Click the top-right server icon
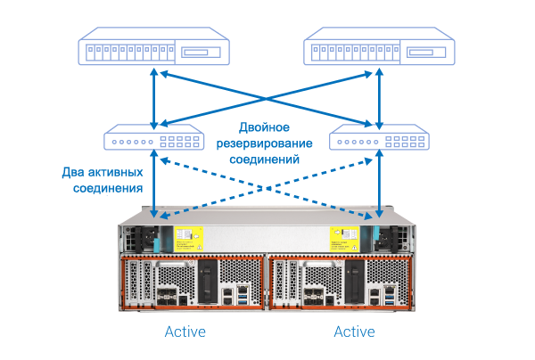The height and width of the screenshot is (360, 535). [x=382, y=48]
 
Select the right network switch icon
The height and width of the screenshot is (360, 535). [x=381, y=141]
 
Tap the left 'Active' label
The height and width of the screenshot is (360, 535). [x=185, y=332]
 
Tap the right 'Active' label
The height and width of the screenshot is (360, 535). [x=354, y=332]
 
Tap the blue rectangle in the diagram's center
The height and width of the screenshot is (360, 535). [x=264, y=143]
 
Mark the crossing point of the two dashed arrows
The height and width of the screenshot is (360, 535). [x=267, y=187]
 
